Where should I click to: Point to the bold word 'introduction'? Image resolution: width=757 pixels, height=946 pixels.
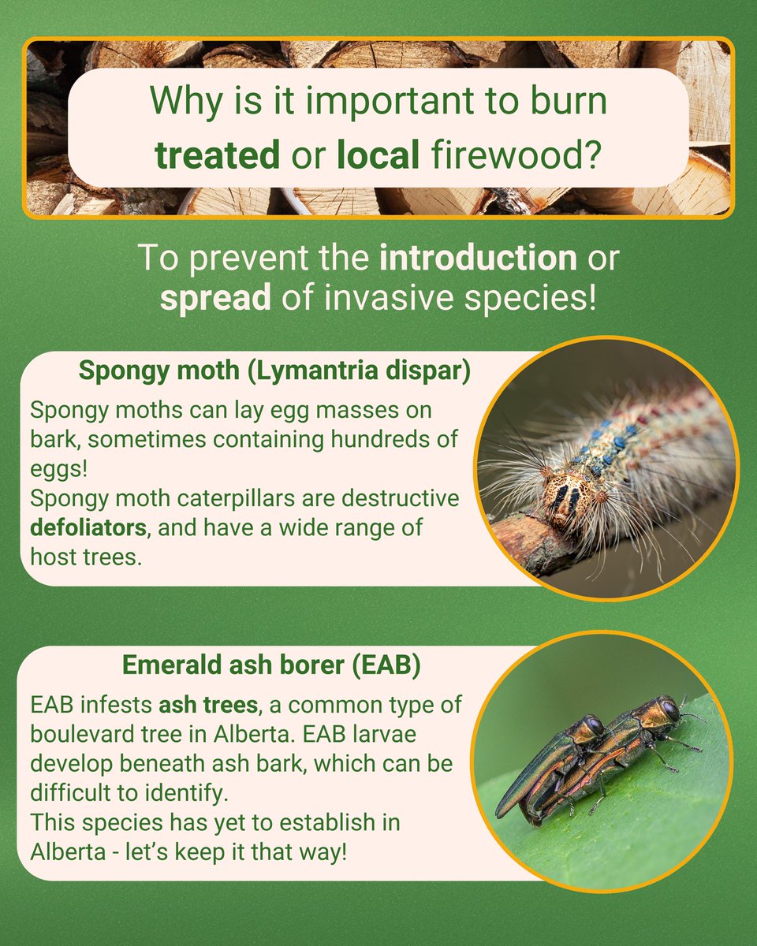click(x=478, y=259)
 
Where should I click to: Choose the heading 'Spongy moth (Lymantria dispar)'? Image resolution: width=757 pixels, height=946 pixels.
click(x=274, y=371)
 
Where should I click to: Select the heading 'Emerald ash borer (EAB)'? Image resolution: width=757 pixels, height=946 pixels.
click(x=271, y=665)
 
